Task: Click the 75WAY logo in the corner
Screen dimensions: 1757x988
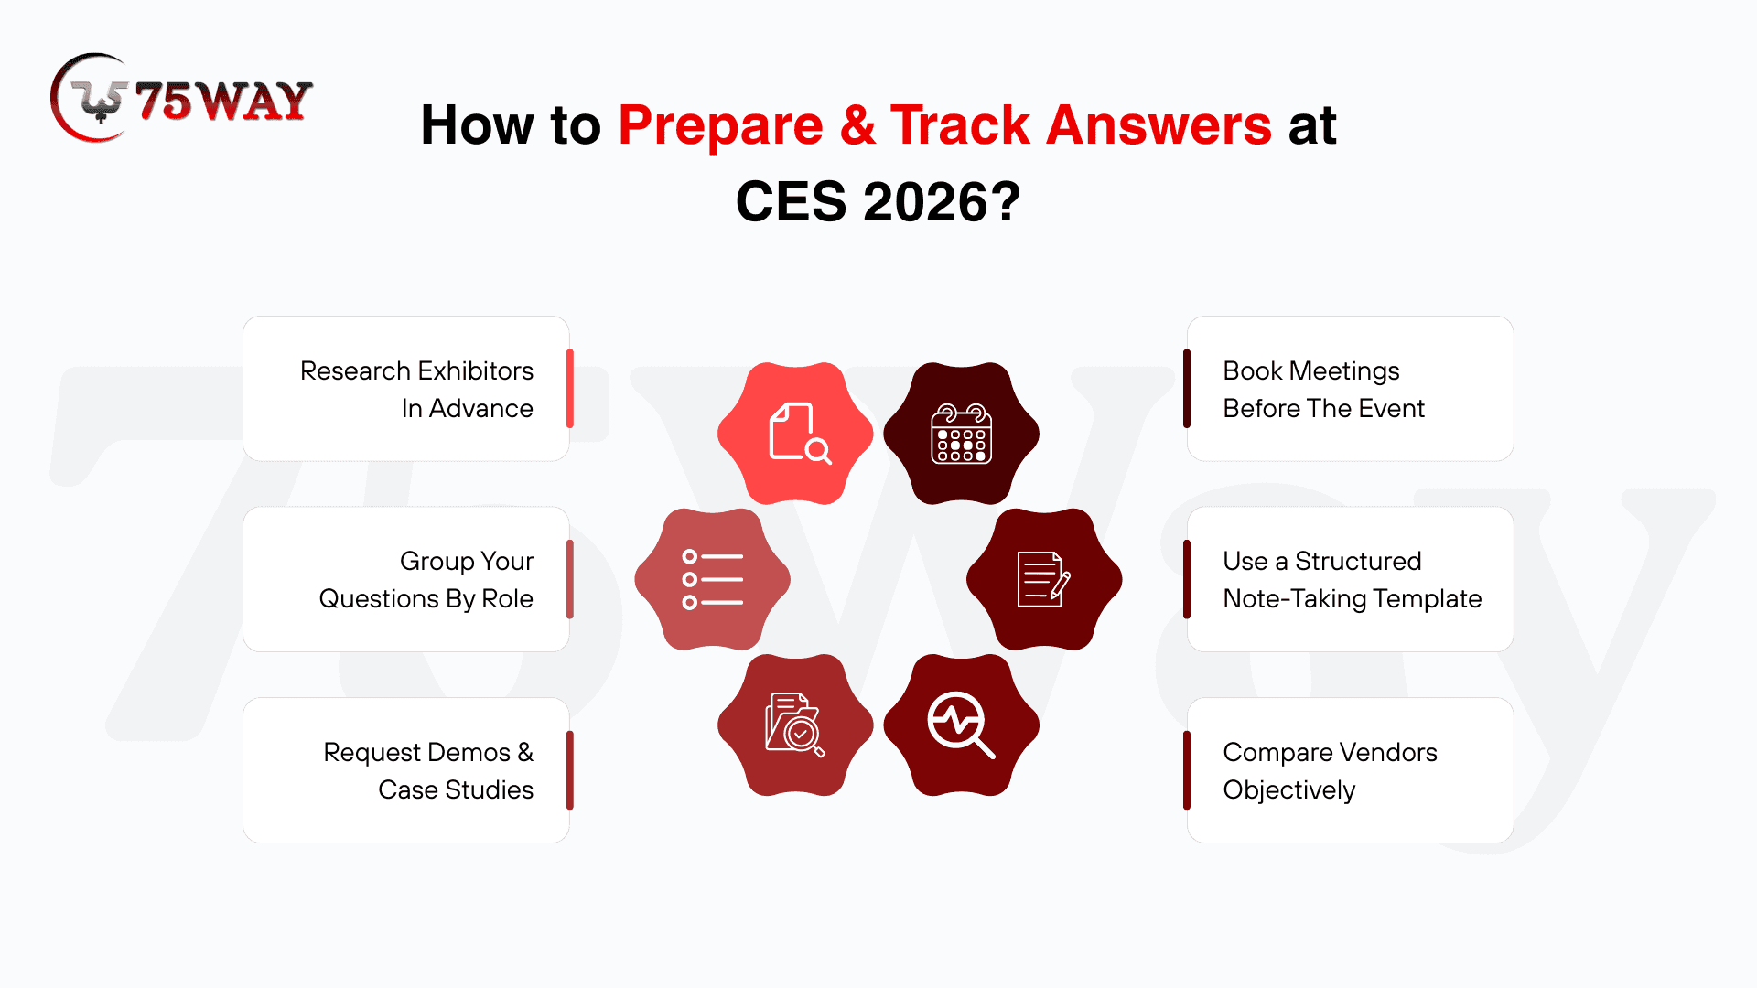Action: pyautogui.click(x=181, y=98)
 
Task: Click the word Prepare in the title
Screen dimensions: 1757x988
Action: pyautogui.click(x=720, y=125)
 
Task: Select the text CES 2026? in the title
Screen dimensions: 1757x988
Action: pyautogui.click(x=878, y=201)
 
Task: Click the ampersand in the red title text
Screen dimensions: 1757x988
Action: pyautogui.click(x=857, y=124)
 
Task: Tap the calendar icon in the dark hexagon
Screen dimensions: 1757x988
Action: pyautogui.click(x=961, y=434)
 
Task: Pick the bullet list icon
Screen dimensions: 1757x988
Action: pyautogui.click(x=713, y=579)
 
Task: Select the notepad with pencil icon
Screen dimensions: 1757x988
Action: pyautogui.click(x=1044, y=579)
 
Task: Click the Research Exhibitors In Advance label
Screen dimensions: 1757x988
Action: pyautogui.click(x=416, y=389)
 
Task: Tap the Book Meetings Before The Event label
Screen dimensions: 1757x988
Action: pyautogui.click(x=1323, y=389)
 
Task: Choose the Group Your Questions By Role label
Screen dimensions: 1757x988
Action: pyautogui.click(x=426, y=579)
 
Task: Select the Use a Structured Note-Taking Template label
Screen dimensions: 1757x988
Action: pyautogui.click(x=1352, y=579)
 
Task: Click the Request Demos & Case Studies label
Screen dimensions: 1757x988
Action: pyautogui.click(x=428, y=770)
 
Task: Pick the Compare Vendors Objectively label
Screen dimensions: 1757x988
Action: pyautogui.click(x=1330, y=770)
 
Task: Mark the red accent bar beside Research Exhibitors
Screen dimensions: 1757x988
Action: pyautogui.click(x=570, y=389)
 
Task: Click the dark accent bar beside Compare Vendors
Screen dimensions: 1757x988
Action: pyautogui.click(x=1187, y=770)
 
